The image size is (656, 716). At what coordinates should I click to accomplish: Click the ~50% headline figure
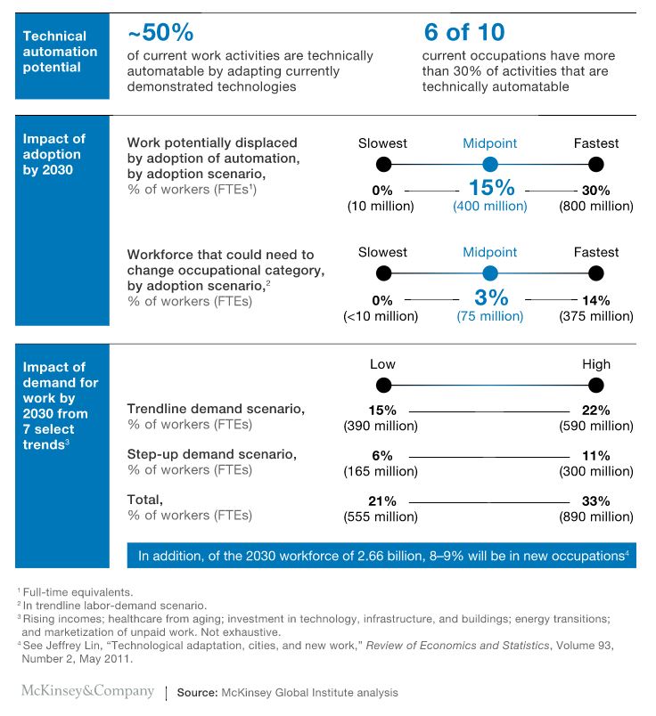pyautogui.click(x=160, y=32)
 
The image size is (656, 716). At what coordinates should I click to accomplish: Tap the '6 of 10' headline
pyautogui.click(x=464, y=32)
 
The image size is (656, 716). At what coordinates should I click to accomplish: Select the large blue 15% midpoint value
pyautogui.click(x=491, y=188)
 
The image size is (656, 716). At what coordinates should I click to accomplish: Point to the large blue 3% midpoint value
pyautogui.click(x=491, y=297)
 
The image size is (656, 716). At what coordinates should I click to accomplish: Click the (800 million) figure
pyautogui.click(x=596, y=207)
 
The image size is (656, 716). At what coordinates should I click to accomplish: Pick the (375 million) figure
pyautogui.click(x=596, y=316)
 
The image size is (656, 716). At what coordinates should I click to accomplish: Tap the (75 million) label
pyautogui.click(x=490, y=316)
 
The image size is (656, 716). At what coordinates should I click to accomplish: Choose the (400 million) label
pyautogui.click(x=490, y=207)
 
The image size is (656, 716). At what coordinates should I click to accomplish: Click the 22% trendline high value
pyautogui.click(x=595, y=411)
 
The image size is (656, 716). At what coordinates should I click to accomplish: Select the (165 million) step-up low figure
pyautogui.click(x=381, y=471)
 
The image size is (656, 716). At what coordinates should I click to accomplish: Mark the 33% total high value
pyautogui.click(x=595, y=501)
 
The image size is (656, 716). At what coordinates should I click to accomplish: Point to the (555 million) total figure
pyautogui.click(x=381, y=517)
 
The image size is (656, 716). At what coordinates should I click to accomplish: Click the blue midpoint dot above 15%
pyautogui.click(x=490, y=165)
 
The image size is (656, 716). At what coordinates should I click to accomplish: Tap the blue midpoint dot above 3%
pyautogui.click(x=490, y=273)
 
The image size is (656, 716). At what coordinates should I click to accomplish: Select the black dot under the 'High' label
pyautogui.click(x=596, y=386)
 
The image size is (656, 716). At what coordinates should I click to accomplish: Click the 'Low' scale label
pyautogui.click(x=382, y=364)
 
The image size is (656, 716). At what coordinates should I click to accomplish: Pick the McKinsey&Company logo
pyautogui.click(x=87, y=691)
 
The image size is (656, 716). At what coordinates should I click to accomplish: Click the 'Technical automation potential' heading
pyautogui.click(x=60, y=52)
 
